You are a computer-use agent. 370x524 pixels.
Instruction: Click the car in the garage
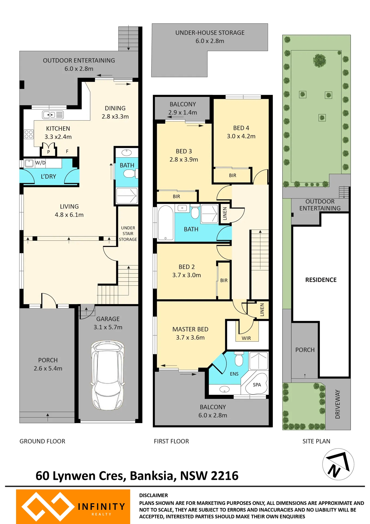click(108, 375)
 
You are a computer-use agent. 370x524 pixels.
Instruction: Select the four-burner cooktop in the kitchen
click(29, 134)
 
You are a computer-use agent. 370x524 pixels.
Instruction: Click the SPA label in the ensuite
click(257, 385)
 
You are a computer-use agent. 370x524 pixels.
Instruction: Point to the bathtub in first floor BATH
click(166, 222)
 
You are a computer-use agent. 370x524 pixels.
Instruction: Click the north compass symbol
click(338, 464)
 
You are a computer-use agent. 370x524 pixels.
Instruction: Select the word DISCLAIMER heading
click(153, 495)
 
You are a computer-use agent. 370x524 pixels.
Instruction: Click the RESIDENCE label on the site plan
click(321, 280)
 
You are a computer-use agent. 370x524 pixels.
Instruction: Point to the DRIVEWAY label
click(338, 404)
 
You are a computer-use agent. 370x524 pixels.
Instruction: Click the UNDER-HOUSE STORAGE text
click(210, 33)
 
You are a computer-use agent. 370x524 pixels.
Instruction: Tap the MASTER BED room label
click(190, 329)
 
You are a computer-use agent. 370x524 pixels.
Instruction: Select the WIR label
click(246, 338)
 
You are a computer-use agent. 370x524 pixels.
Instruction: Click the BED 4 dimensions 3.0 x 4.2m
click(241, 136)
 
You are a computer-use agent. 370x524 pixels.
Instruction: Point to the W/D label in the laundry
click(40, 163)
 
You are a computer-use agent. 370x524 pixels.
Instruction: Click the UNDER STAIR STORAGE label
click(128, 234)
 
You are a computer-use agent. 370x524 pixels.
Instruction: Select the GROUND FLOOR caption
click(42, 441)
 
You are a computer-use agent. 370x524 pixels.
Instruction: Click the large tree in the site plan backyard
click(319, 61)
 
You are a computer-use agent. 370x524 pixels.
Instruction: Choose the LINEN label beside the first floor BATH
click(225, 213)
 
